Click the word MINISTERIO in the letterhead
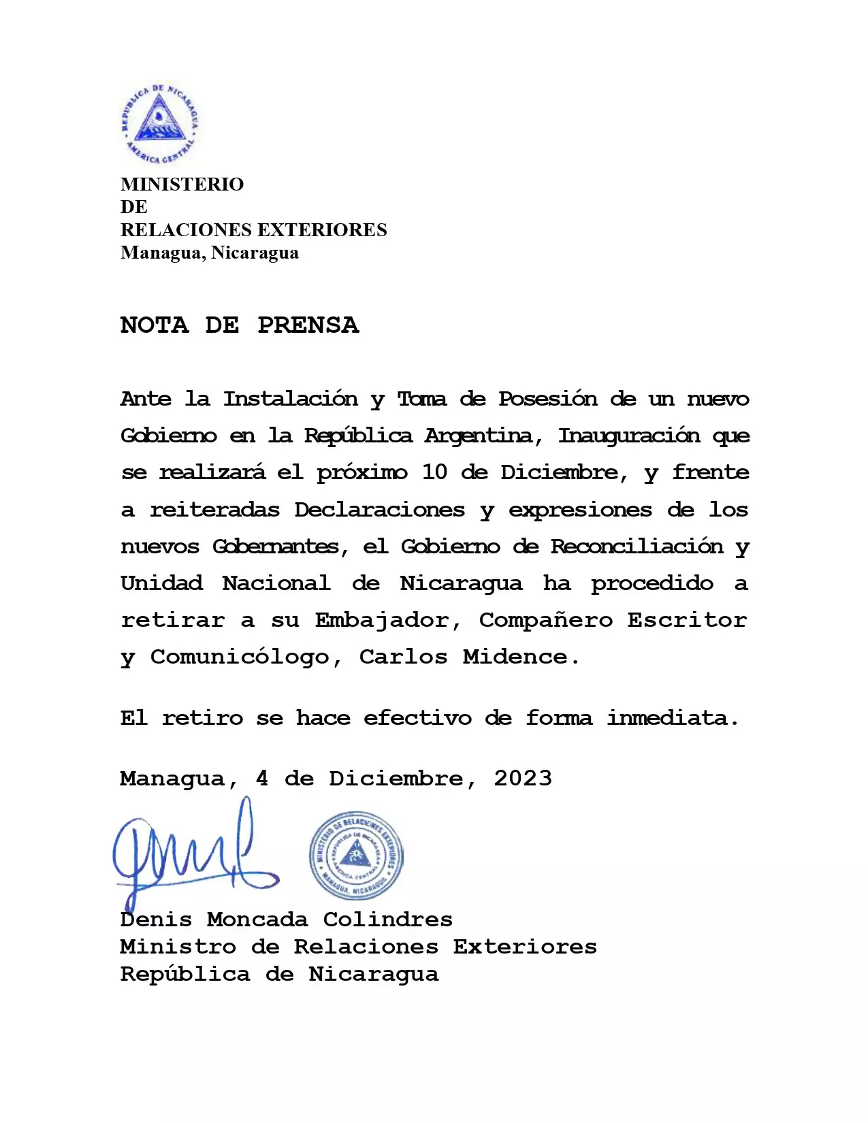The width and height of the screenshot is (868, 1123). (182, 184)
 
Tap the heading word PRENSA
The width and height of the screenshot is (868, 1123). (308, 325)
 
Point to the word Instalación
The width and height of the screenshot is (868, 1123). (291, 399)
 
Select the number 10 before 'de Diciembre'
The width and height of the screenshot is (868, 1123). (434, 472)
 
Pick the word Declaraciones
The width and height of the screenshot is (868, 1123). (379, 510)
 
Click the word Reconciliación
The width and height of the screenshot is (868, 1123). (637, 547)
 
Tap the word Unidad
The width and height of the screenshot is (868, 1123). (161, 583)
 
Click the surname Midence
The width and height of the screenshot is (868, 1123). (521, 657)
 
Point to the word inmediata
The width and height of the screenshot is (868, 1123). (673, 718)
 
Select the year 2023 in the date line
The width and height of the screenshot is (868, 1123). (523, 779)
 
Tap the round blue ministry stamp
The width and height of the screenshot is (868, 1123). (356, 856)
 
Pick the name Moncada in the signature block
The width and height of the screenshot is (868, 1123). (257, 920)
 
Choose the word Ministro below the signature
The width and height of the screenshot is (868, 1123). (178, 947)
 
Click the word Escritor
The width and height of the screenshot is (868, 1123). (687, 620)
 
